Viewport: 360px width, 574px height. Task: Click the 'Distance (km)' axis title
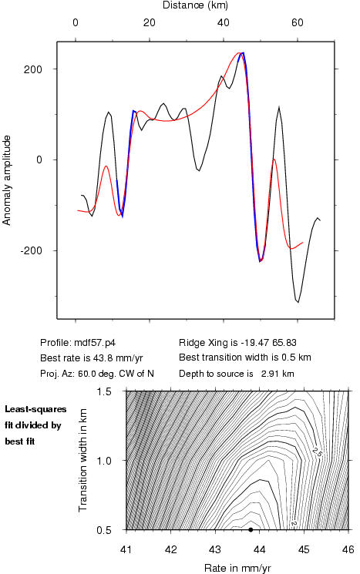coord(195,5)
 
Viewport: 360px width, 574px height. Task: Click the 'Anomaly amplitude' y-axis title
coord(7,180)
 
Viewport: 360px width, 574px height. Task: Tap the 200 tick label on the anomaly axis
coord(33,69)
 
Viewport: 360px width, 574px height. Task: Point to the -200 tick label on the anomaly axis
coord(31,250)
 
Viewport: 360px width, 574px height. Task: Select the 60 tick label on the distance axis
coord(298,22)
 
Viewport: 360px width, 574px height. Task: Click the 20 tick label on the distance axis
coord(149,22)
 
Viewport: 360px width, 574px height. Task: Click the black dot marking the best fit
coord(251,529)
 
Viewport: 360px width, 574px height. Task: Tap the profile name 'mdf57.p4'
coord(95,343)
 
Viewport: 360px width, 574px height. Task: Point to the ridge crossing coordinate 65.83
coord(284,343)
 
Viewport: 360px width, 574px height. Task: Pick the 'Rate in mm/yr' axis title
coord(237,568)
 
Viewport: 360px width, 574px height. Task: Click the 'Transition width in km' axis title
coord(82,460)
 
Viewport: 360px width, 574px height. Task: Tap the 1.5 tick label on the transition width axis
coord(104,391)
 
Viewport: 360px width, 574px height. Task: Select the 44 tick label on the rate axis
coord(259,549)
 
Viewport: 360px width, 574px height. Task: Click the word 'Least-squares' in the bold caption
coord(35,409)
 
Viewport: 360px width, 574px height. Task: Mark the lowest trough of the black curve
coord(298,302)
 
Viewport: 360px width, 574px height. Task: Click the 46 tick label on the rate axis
coord(348,549)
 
